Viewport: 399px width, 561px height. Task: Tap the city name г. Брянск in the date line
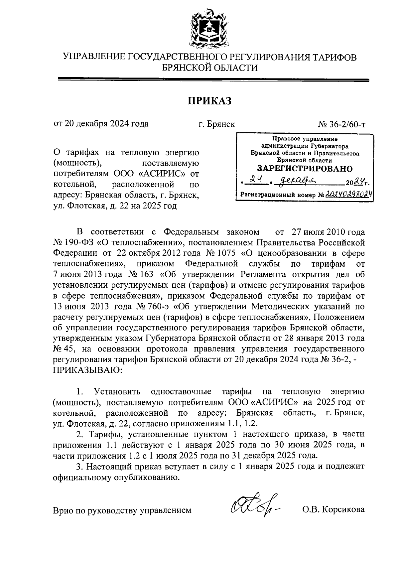pyautogui.click(x=216, y=124)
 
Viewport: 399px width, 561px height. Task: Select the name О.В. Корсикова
pyautogui.click(x=333, y=509)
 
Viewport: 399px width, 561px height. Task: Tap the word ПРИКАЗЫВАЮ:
pyautogui.click(x=88, y=370)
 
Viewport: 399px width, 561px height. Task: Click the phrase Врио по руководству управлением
pyautogui.click(x=122, y=510)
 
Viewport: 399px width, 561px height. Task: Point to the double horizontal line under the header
pyautogui.click(x=213, y=79)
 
